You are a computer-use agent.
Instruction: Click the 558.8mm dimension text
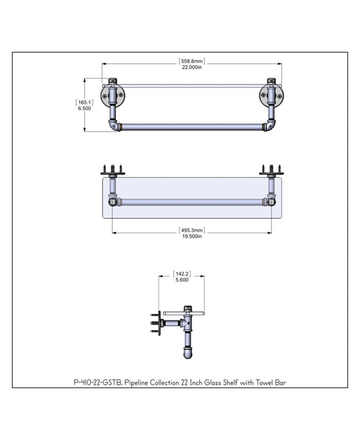pos(192,61)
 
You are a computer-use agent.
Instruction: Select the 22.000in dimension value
pos(191,67)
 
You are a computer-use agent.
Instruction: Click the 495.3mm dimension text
pos(192,230)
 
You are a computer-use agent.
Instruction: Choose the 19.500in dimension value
pos(191,236)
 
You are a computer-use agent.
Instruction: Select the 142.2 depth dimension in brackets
pos(182,274)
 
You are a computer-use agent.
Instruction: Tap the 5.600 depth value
pos(182,280)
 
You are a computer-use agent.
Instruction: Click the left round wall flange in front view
pos(113,95)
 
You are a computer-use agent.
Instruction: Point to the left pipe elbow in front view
pos(112,125)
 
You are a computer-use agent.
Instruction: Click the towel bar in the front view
pos(191,127)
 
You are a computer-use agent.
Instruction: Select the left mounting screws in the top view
pos(113,168)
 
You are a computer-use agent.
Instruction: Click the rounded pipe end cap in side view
pos(188,353)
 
